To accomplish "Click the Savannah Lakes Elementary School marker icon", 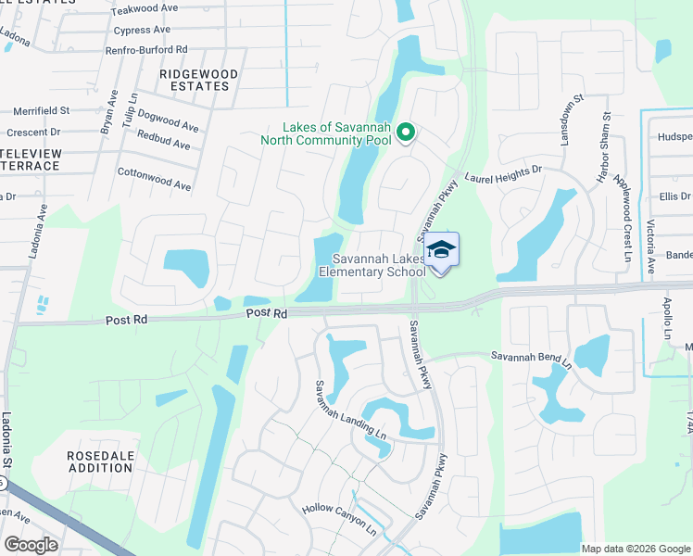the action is pyautogui.click(x=442, y=250).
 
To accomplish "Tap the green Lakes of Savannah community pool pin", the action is pyautogui.click(x=405, y=133).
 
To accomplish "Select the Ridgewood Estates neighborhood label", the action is pyautogui.click(x=198, y=80).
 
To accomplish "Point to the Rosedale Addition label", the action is pyautogui.click(x=100, y=461).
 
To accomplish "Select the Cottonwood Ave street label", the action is pyautogui.click(x=155, y=179).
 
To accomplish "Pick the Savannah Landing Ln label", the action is pyautogui.click(x=349, y=411).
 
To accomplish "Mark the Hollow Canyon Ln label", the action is pyautogui.click(x=339, y=520).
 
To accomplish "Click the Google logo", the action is pyautogui.click(x=31, y=545).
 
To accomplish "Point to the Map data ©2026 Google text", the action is pyautogui.click(x=635, y=549).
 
